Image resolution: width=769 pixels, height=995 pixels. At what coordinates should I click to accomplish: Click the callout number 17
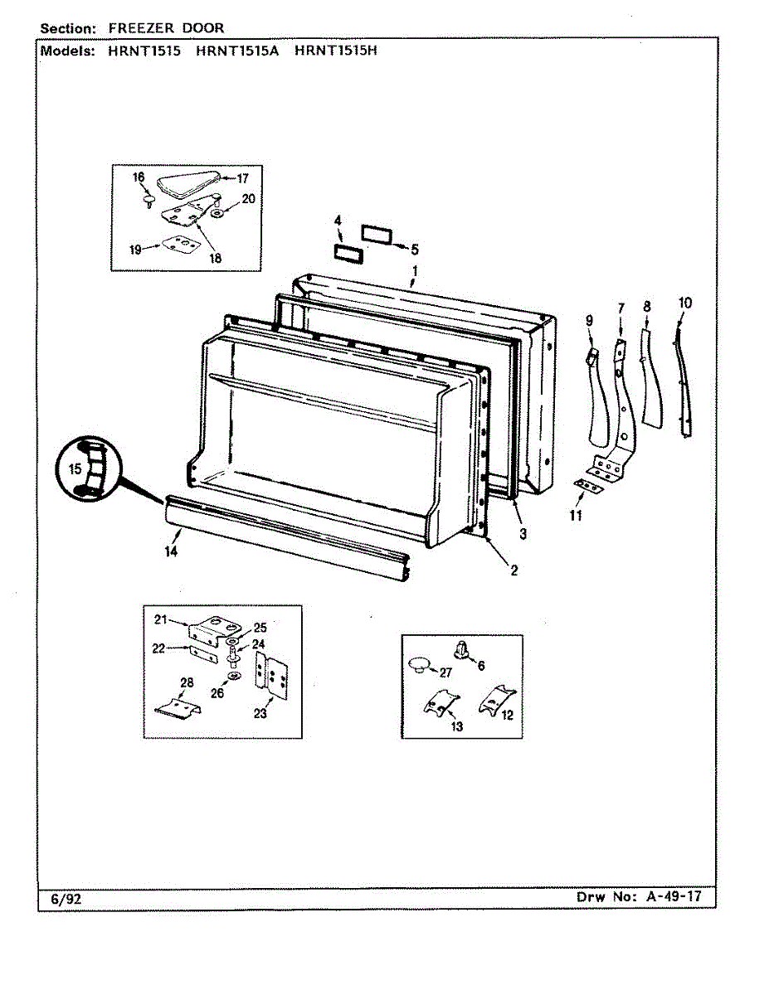click(243, 177)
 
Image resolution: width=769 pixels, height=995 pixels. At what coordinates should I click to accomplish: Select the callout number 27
click(445, 672)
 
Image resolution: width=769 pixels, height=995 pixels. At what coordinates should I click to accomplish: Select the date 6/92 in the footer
click(64, 898)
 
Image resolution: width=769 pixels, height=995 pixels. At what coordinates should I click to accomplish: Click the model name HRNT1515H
click(336, 50)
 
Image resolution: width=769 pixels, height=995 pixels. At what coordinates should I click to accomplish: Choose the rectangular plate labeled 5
click(376, 232)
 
